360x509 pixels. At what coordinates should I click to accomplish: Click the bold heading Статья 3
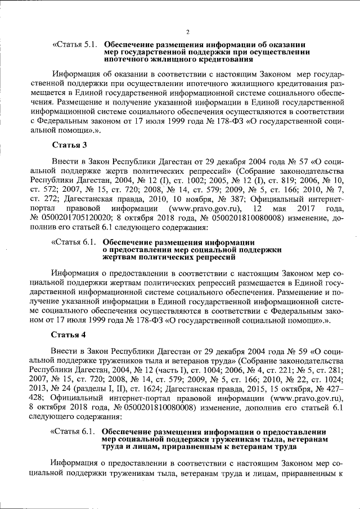click(68, 146)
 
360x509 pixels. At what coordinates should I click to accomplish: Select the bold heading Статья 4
click(68, 334)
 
